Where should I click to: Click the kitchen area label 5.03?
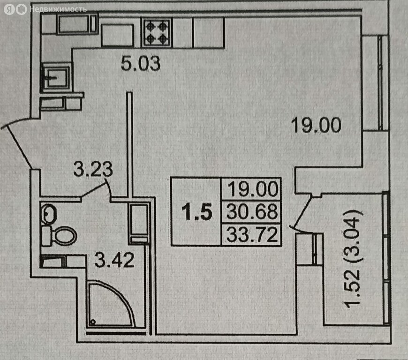pyautogui.click(x=141, y=63)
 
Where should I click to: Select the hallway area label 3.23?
pyautogui.click(x=93, y=169)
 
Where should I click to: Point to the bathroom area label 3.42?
pyautogui.click(x=114, y=259)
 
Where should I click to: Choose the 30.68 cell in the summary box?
pyautogui.click(x=252, y=212)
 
